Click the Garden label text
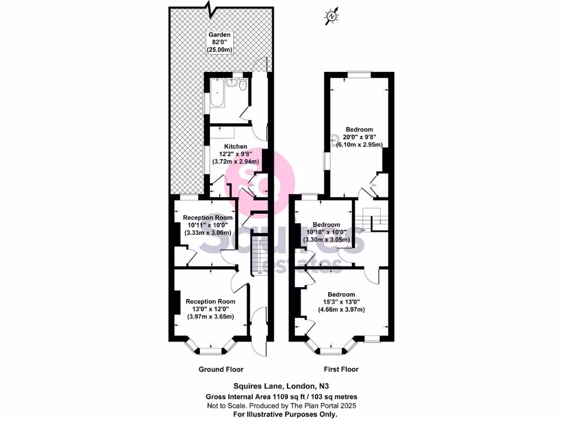point(219,35)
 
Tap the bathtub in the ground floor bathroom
point(216,93)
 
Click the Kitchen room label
point(235,146)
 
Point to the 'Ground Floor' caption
point(221,369)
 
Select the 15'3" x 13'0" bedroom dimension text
point(342,302)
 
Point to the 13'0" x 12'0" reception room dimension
point(211,309)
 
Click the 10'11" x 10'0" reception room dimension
point(207,225)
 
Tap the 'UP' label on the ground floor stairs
point(260,272)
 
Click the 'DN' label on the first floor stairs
point(363,230)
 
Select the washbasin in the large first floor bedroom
point(334,139)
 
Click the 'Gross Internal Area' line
point(280,396)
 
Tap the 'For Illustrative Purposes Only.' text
point(280,414)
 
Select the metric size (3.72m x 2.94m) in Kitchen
point(235,162)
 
